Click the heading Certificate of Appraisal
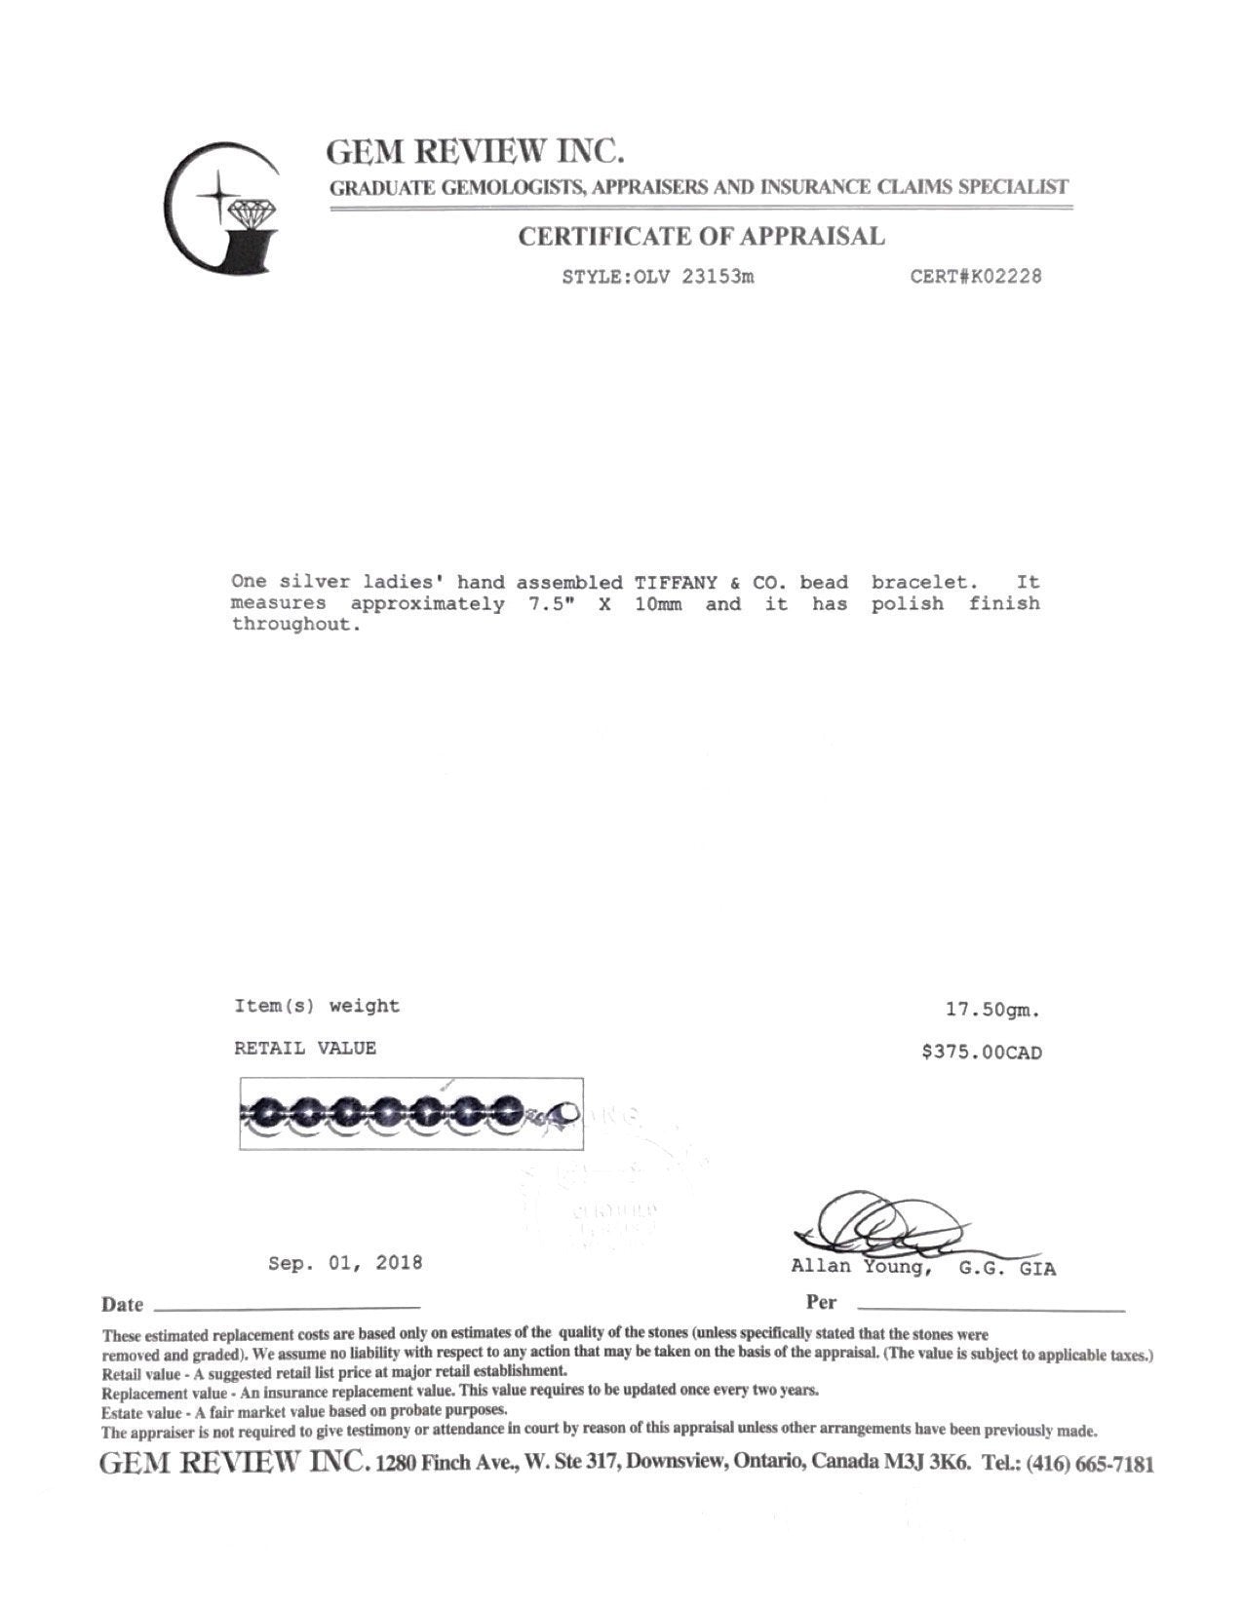click(x=701, y=237)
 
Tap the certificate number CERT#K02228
click(x=975, y=277)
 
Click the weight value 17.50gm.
click(x=993, y=1011)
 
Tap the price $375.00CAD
click(x=981, y=1053)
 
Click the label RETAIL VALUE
click(x=305, y=1049)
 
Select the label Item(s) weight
click(x=317, y=1007)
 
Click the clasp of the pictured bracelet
click(x=563, y=1114)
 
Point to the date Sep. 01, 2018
click(x=345, y=1263)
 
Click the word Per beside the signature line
click(x=821, y=1303)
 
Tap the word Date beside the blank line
click(x=122, y=1305)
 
